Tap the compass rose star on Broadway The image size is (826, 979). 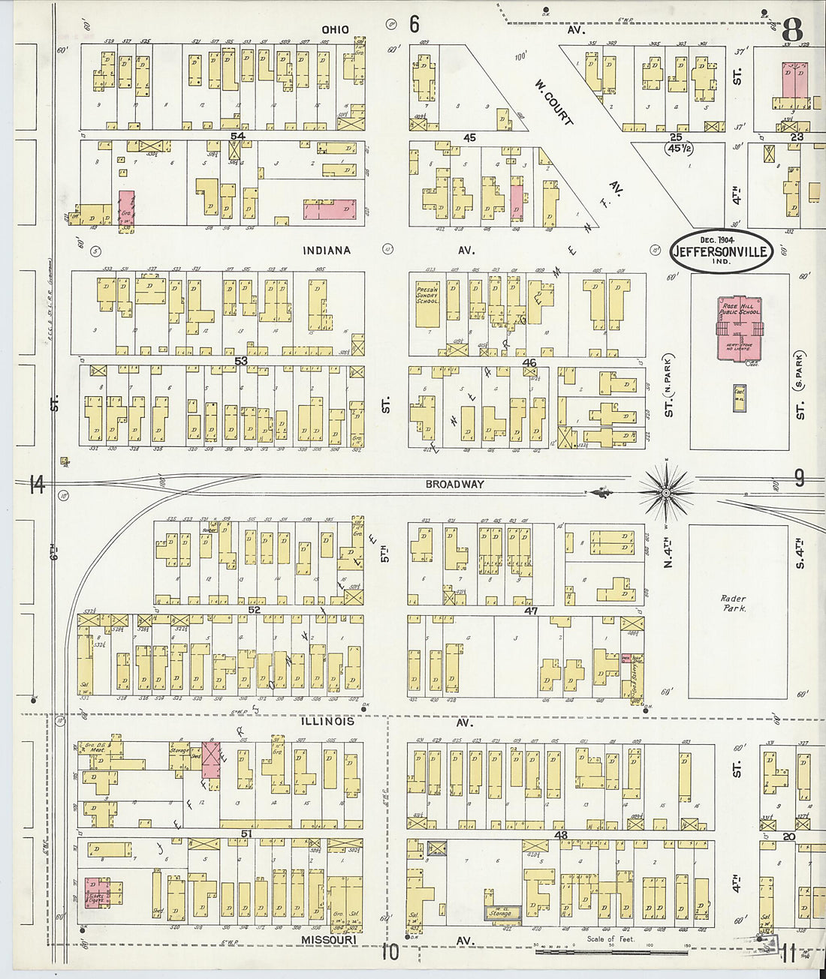[665, 492]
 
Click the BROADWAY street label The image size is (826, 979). [454, 485]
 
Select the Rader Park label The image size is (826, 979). [733, 604]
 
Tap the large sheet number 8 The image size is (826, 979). [791, 31]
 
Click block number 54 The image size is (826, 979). [239, 136]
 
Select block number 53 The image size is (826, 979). [240, 362]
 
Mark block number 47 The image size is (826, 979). [531, 611]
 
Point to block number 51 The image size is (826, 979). [245, 833]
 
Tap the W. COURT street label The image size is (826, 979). [553, 103]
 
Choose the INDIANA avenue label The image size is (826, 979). [327, 250]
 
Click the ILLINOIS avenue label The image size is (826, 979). [327, 722]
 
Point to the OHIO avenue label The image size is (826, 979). [335, 29]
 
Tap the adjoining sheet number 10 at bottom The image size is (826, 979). [390, 953]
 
